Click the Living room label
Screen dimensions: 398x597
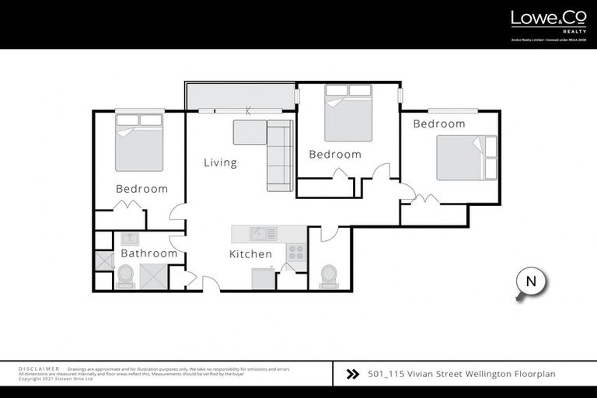click(220, 163)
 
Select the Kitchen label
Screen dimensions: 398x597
click(250, 254)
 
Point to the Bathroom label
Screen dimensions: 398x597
click(148, 253)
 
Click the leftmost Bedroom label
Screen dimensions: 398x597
click(141, 189)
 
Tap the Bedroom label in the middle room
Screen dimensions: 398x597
click(335, 155)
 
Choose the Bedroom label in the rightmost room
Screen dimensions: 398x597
click(438, 124)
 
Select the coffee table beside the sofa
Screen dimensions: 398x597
click(249, 133)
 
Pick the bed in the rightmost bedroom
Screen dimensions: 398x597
click(466, 158)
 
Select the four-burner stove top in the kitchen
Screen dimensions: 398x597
click(296, 252)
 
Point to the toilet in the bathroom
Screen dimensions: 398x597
click(124, 276)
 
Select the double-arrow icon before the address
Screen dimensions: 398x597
click(352, 374)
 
